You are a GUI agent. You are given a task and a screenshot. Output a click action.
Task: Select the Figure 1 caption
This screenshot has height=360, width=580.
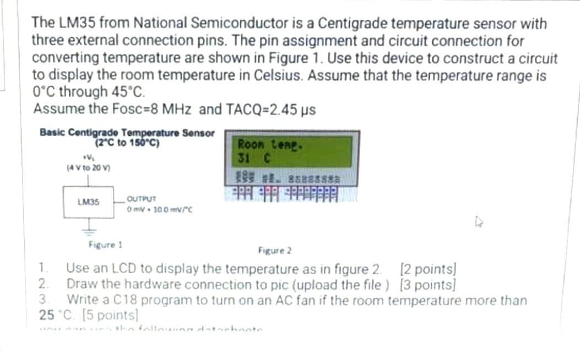point(105,244)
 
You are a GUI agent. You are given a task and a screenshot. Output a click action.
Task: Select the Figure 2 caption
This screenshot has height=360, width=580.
point(275,251)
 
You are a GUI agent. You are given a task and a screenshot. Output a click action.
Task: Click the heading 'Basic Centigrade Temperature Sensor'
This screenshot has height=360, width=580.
point(127,133)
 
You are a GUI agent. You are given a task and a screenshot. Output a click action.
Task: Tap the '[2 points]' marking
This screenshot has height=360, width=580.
point(429,269)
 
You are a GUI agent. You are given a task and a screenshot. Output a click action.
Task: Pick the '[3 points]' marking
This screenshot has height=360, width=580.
point(428,285)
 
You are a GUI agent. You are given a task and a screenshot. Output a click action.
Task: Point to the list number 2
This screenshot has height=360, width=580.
point(44,285)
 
